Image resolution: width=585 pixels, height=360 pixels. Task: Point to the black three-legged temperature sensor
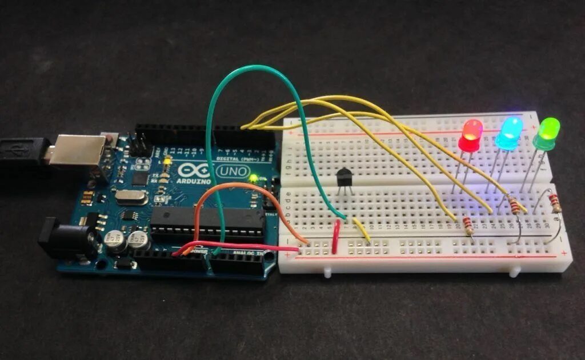click(x=345, y=177)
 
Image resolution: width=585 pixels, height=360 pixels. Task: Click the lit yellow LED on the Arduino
click(x=167, y=162)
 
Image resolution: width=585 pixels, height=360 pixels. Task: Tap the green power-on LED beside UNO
click(x=253, y=178)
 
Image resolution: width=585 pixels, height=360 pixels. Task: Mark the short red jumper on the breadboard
click(x=336, y=237)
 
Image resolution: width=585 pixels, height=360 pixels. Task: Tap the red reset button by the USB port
click(x=108, y=138)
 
